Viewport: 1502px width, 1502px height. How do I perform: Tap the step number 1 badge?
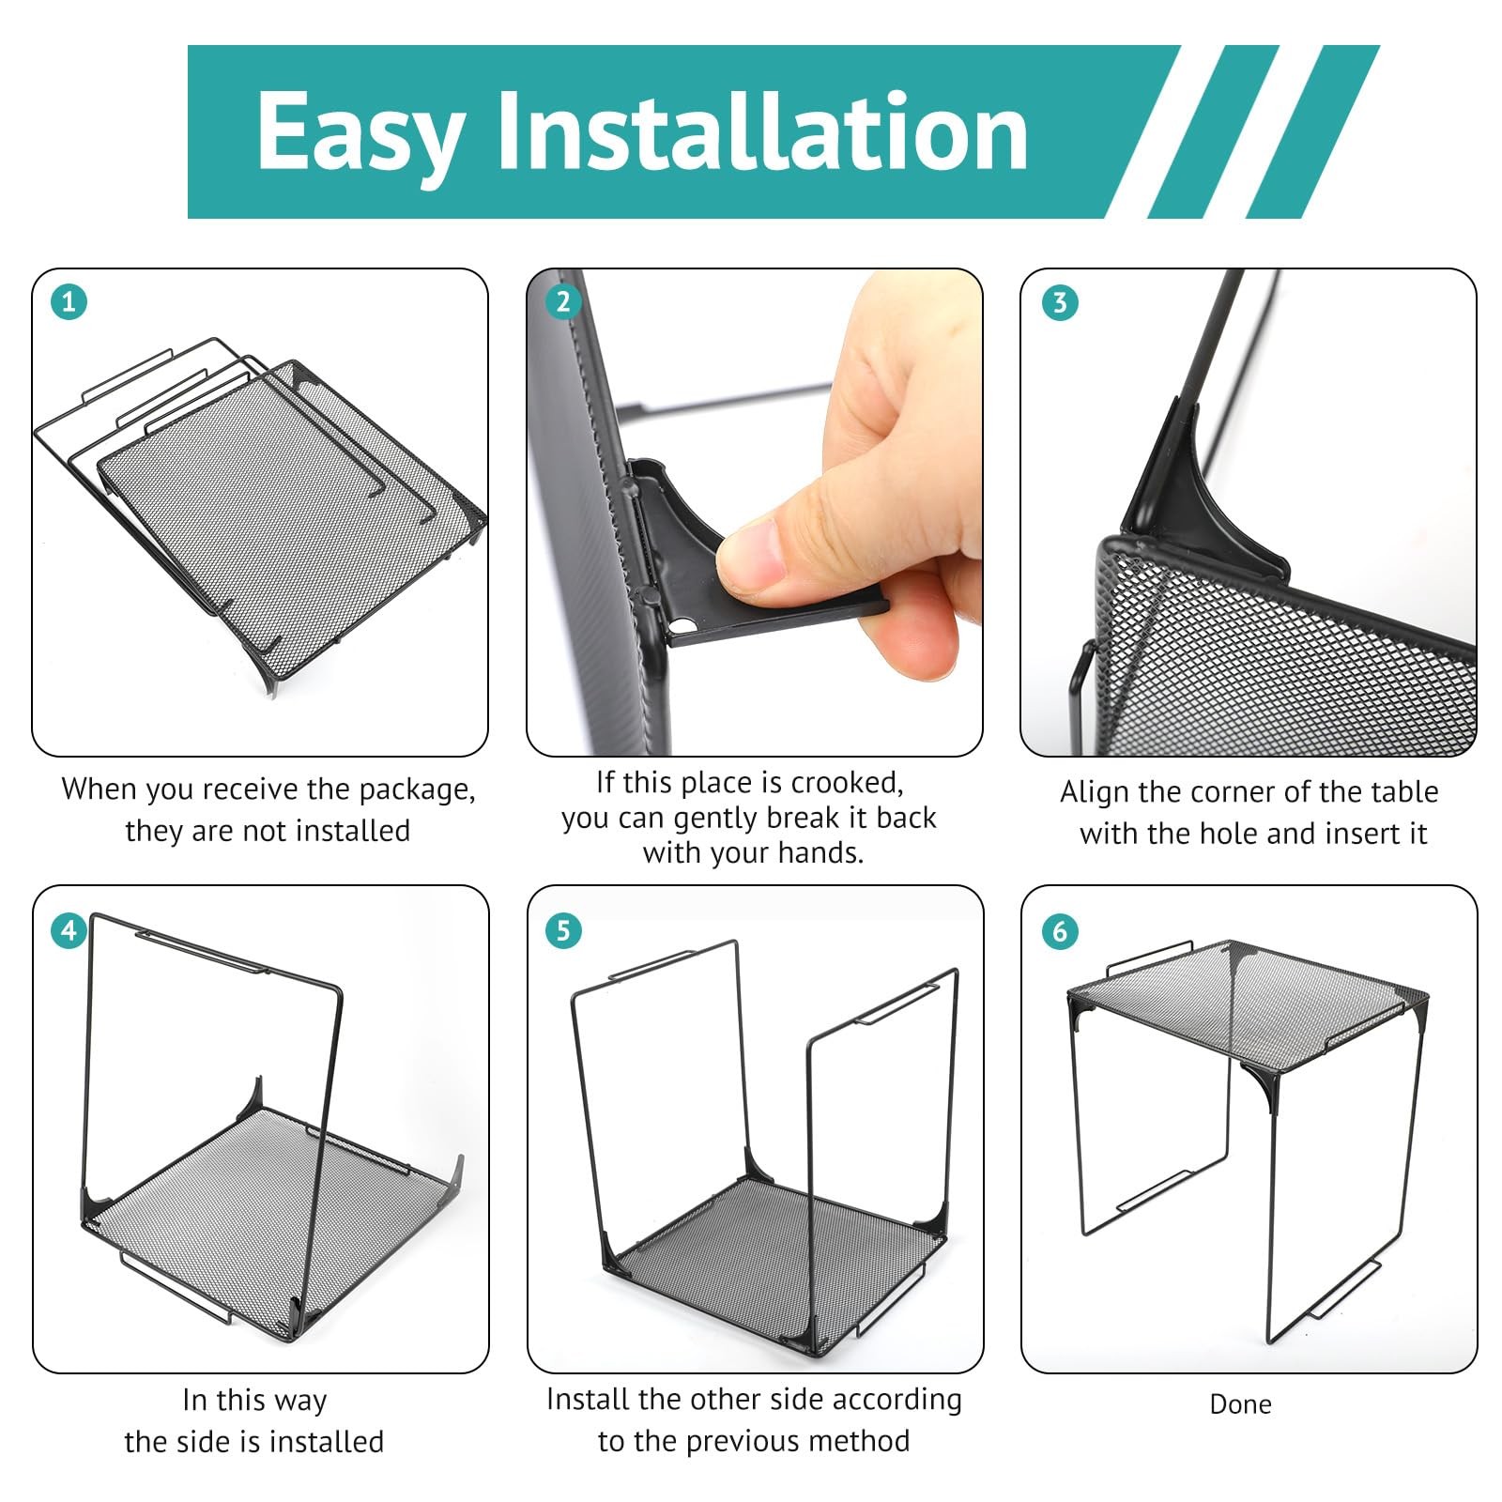click(69, 302)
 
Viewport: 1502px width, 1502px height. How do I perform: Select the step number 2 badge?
click(563, 302)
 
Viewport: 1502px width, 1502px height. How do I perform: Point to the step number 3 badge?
click(1060, 302)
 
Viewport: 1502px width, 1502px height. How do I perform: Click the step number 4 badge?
click(69, 930)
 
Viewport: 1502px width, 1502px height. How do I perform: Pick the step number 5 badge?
click(563, 930)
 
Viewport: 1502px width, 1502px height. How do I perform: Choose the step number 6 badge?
click(1060, 930)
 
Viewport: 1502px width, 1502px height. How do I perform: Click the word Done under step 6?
click(1241, 1404)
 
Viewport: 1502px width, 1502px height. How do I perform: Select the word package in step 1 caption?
click(413, 790)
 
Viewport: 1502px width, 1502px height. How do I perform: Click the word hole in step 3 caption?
click(1230, 833)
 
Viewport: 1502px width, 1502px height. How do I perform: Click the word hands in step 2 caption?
click(819, 852)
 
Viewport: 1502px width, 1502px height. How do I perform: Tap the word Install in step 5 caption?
click(589, 1399)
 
